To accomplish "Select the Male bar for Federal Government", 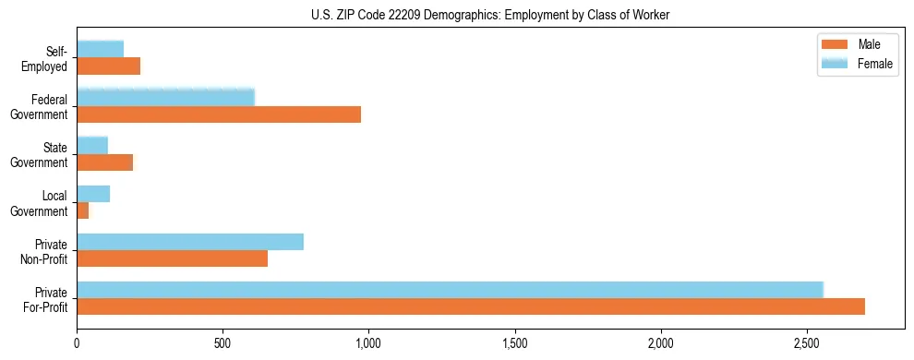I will click(219, 114).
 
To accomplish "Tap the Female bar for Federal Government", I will click(165, 97).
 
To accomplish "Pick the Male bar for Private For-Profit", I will click(471, 306).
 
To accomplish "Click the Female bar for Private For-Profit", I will click(450, 289).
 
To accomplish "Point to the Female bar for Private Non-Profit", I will click(190, 242).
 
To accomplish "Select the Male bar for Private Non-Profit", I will click(172, 259).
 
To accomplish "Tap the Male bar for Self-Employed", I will click(108, 66).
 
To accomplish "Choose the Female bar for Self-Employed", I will click(100, 49).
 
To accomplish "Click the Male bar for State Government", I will click(104, 162).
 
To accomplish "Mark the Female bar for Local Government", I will click(93, 194).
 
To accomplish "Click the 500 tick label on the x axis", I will click(222, 343).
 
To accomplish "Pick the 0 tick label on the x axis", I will click(77, 343).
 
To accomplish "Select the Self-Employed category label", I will click(46, 58).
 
